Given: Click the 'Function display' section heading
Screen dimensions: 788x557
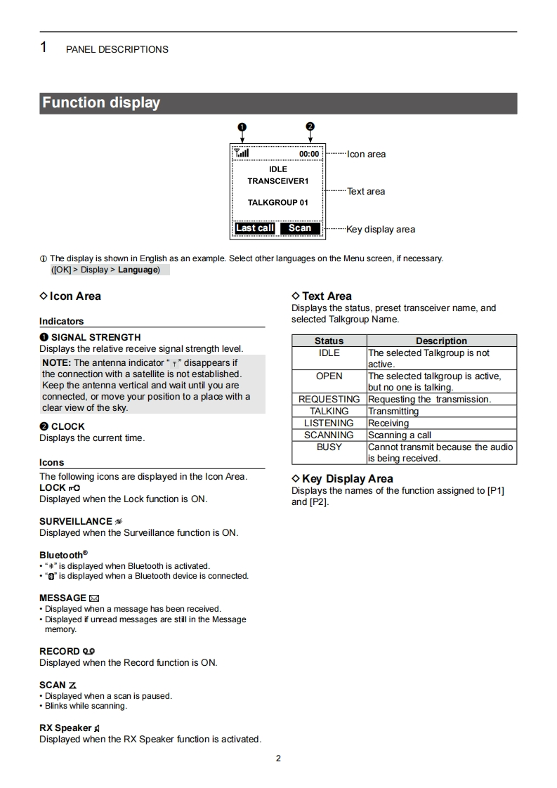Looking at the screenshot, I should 101,103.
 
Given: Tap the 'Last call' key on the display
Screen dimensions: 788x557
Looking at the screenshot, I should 254,228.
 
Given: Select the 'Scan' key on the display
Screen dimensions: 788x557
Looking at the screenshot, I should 300,228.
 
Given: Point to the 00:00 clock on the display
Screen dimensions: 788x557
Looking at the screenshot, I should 309,154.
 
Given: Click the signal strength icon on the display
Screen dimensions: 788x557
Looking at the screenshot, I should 242,153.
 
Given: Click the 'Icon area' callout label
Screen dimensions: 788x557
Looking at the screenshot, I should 366,155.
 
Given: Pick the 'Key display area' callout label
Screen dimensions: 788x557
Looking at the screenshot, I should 380,230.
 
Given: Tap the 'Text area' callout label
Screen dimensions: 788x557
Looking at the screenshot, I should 366,192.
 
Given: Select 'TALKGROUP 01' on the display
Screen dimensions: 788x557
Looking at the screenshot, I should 277,203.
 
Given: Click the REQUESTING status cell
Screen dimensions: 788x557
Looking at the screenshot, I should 329,400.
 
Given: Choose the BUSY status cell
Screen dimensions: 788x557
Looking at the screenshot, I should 329,447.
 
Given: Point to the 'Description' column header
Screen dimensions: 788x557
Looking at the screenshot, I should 441,341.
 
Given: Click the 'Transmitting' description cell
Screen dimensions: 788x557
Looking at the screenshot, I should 393,412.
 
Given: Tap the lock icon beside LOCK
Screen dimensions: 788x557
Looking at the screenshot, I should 74,488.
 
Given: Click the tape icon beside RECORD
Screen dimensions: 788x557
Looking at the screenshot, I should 89,652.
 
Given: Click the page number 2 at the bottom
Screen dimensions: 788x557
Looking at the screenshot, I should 278,759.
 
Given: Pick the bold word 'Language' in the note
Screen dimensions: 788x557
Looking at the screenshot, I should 138,270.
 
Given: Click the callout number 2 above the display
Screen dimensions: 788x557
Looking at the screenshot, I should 310,127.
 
